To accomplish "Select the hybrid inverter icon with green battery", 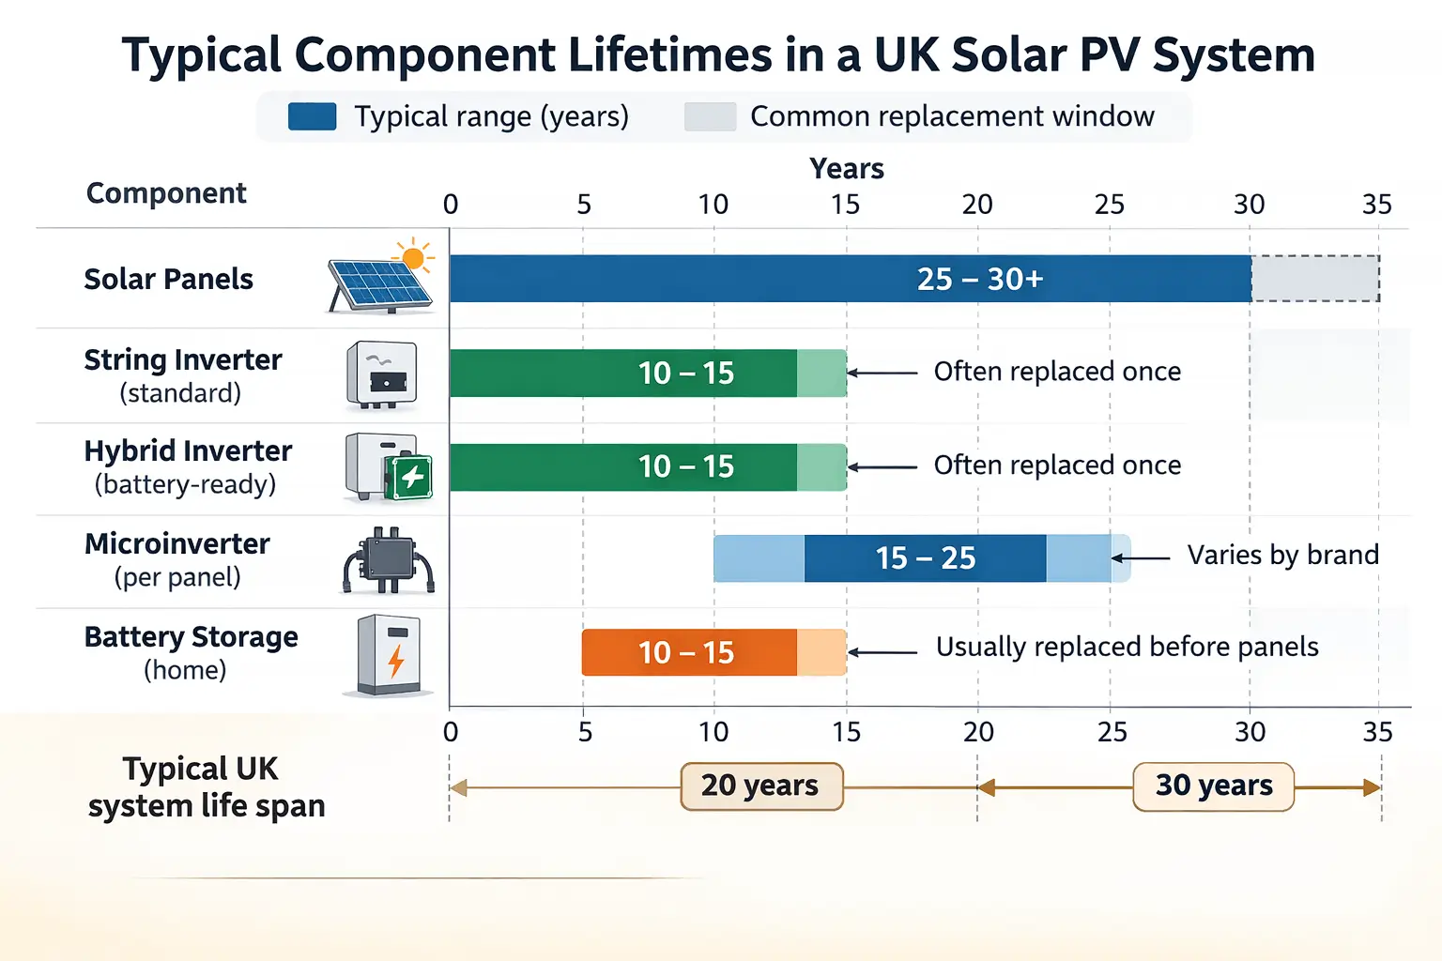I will click(388, 466).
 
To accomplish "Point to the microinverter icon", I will click(388, 560).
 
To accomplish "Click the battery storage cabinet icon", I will click(389, 655).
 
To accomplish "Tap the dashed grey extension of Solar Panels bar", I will click(1314, 279).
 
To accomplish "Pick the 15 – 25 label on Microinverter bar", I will click(926, 558).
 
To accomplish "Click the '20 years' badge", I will click(761, 786).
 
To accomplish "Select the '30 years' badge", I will click(1213, 786).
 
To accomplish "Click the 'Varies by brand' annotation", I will click(1282, 556).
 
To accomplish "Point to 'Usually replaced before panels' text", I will click(1127, 648).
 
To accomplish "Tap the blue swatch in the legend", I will click(313, 116).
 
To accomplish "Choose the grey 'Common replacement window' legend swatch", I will click(710, 116).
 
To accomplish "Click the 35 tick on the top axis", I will click(1376, 205).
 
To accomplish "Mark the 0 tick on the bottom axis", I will click(451, 732).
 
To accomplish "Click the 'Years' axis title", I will click(847, 169).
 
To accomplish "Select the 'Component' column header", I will click(166, 193).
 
